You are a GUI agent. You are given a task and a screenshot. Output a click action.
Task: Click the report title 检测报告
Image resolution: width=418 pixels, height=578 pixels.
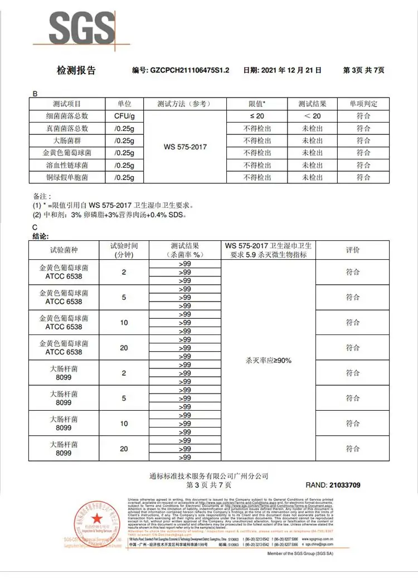76,70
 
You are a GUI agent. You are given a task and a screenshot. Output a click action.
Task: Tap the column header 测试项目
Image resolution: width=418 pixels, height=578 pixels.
67,104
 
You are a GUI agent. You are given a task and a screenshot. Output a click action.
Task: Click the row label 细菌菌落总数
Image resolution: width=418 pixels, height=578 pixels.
67,116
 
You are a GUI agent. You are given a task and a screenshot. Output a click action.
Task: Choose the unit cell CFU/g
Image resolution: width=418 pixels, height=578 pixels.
124,116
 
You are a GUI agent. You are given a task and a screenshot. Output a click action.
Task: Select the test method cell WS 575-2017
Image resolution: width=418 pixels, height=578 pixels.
186,147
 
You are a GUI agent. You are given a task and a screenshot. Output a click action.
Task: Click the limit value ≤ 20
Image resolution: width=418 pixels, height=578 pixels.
256,116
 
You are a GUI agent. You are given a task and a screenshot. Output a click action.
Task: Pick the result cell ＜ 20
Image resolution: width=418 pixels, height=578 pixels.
312,116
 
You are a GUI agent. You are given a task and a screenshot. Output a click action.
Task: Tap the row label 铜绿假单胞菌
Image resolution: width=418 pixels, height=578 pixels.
67,177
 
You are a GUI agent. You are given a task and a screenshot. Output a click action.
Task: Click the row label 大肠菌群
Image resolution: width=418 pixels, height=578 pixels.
67,140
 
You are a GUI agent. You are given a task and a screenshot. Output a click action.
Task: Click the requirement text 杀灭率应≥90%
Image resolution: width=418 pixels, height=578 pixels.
268,361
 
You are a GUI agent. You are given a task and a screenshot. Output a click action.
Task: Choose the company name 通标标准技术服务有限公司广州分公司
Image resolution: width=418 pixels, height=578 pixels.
209,476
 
